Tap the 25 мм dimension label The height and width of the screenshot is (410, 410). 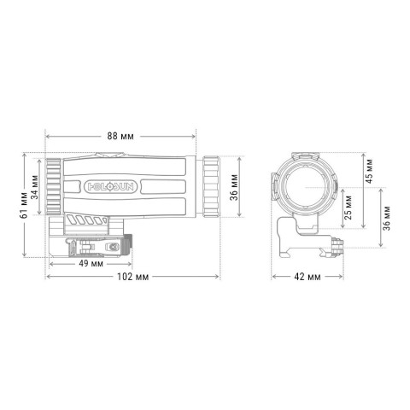click(x=348, y=203)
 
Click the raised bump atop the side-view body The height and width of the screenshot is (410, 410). click(x=109, y=155)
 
